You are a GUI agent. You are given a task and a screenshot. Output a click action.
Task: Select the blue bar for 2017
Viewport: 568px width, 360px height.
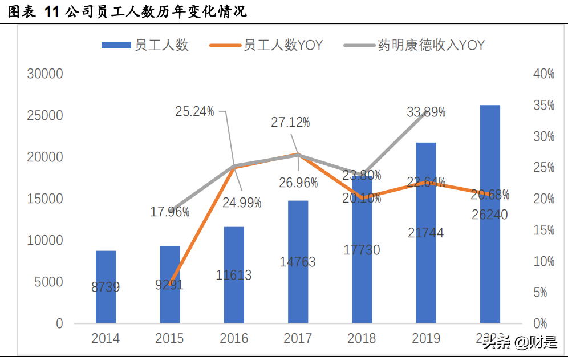pos(298,262)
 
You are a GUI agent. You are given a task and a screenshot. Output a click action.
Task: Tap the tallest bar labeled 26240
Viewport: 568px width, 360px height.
pos(489,214)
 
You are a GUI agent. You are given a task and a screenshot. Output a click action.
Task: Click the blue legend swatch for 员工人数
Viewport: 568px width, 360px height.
pos(116,45)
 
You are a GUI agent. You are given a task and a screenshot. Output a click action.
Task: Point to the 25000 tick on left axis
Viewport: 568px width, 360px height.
pos(45,115)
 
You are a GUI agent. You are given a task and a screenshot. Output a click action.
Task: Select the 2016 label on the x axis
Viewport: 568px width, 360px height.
pos(234,338)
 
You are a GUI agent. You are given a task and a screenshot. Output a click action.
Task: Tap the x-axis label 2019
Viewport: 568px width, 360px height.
pos(425,338)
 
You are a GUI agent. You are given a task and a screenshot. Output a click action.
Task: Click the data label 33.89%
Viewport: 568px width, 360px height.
pos(426,112)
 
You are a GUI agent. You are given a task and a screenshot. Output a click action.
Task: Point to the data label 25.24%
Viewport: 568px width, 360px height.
pos(194,111)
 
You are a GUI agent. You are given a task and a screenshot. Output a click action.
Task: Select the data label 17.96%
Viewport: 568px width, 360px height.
pos(170,212)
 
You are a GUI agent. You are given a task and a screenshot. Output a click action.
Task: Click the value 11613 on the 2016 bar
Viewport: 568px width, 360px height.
pos(234,275)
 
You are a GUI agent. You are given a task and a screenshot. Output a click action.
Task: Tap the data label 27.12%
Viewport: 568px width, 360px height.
pos(290,122)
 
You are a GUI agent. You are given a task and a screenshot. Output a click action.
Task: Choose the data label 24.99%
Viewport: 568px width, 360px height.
pos(242,203)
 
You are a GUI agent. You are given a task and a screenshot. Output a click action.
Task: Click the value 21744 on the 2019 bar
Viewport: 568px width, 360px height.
pos(425,233)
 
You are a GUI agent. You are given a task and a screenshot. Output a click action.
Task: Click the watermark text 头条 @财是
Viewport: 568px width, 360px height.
pos(520,343)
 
